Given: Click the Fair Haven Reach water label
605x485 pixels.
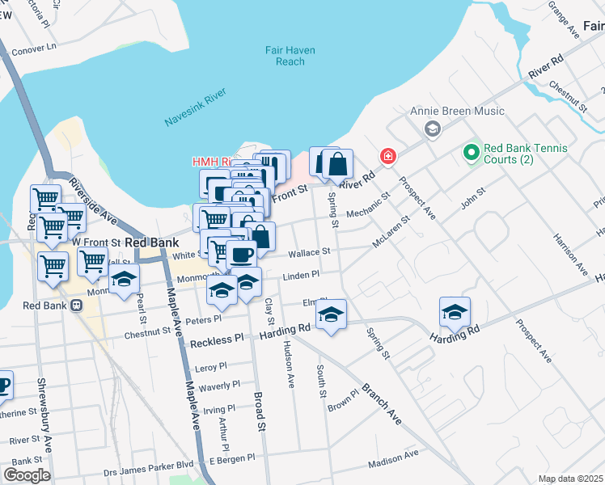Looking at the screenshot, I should (290, 56).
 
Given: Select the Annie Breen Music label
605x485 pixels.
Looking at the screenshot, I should (457, 111).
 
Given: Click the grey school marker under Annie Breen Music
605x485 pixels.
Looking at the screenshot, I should (432, 129).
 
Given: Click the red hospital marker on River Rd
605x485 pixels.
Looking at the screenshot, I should (388, 156).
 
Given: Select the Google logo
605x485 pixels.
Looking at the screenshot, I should (27, 474).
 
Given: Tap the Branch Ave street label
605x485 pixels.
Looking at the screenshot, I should (381, 404).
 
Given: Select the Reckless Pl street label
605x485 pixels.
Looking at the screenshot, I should (216, 343).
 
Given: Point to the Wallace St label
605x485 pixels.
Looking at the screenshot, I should (309, 252).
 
